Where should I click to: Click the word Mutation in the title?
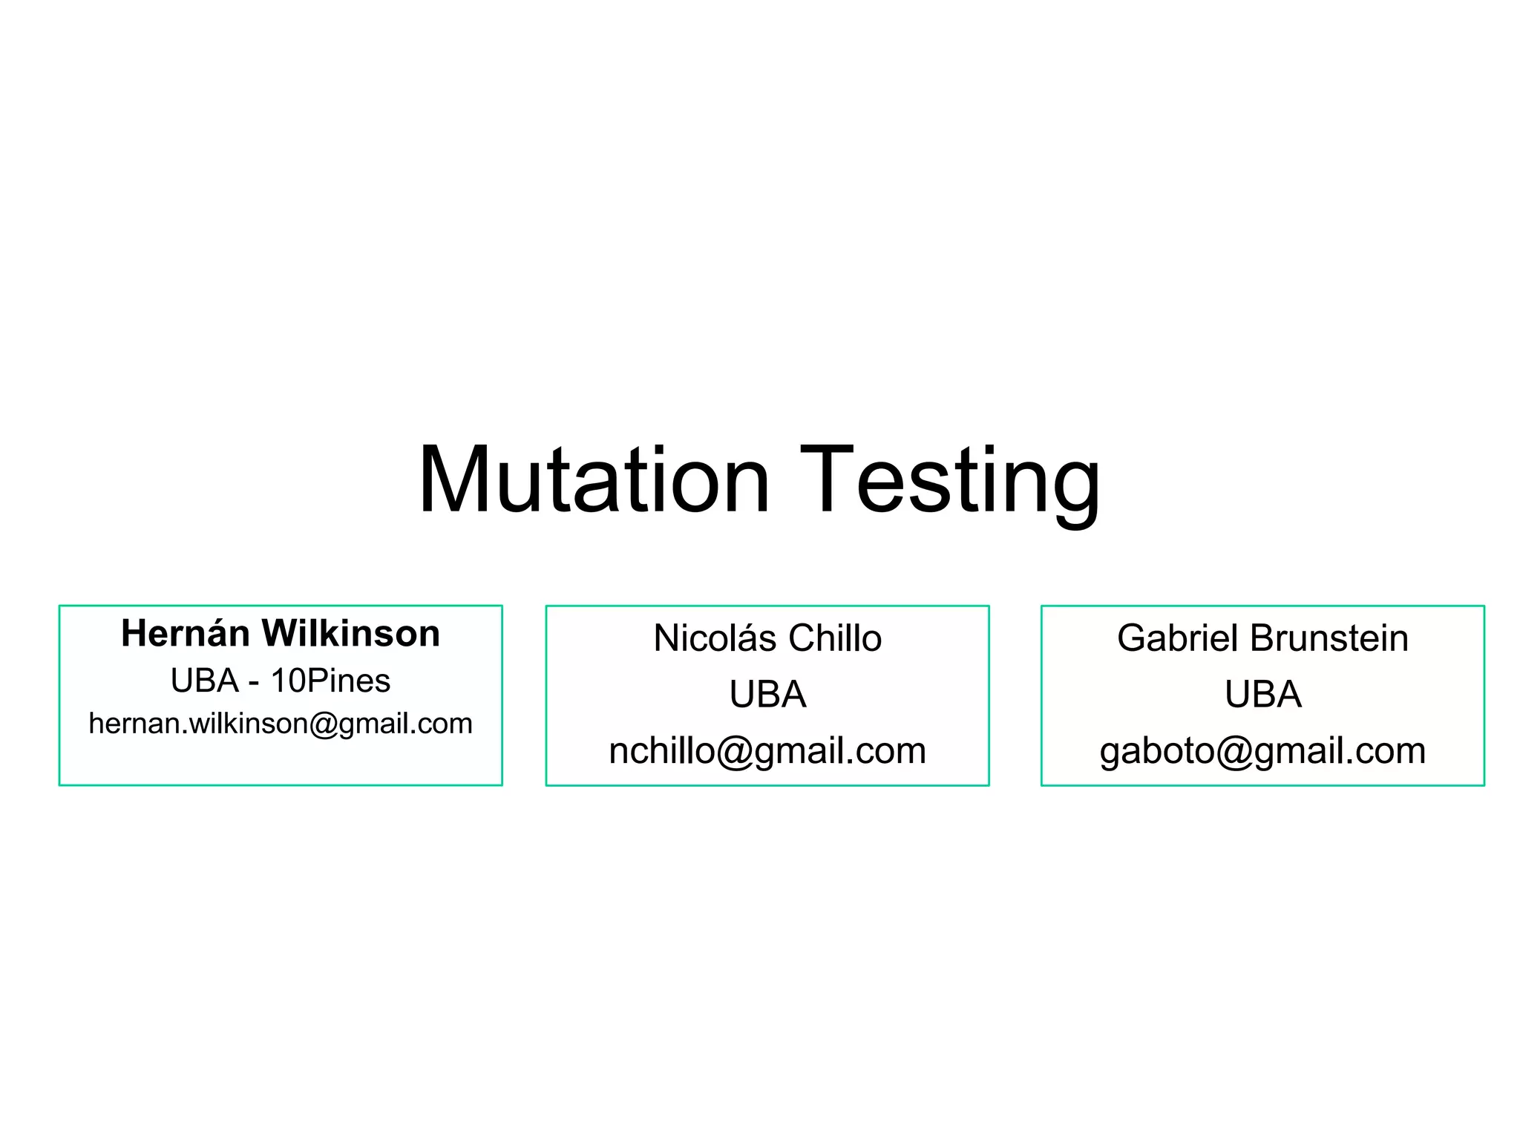(594, 480)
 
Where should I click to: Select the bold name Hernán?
(185, 634)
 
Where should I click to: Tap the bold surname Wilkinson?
(350, 634)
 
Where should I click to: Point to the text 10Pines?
(330, 681)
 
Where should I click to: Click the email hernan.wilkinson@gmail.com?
(281, 724)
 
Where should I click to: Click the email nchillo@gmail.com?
(767, 751)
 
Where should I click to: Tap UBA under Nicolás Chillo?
(767, 695)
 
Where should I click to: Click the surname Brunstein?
(1329, 638)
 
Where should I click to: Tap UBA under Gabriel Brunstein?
(1263, 695)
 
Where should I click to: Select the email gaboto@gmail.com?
(1263, 751)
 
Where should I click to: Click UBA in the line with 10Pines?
(205, 681)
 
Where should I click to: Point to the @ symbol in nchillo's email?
(734, 752)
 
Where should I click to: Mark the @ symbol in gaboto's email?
(1234, 752)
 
